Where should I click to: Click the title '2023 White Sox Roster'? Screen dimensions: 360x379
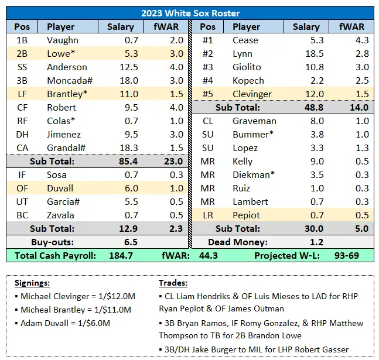pyautogui.click(x=190, y=13)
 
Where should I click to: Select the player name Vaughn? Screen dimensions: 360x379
pyautogui.click(x=62, y=40)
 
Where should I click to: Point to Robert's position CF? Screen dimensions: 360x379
pyautogui.click(x=22, y=108)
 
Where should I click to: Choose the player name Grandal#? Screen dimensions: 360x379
pyautogui.click(x=67, y=148)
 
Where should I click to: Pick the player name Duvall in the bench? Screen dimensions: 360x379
pyautogui.click(x=61, y=188)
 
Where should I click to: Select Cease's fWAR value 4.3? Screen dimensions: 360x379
pyautogui.click(x=361, y=40)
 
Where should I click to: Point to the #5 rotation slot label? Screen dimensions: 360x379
pyautogui.click(x=207, y=94)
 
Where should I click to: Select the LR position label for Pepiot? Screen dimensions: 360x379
pyautogui.click(x=207, y=215)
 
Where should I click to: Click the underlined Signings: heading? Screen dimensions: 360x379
pyautogui.click(x=34, y=283)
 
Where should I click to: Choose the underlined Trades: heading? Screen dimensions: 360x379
pyautogui.click(x=173, y=283)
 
